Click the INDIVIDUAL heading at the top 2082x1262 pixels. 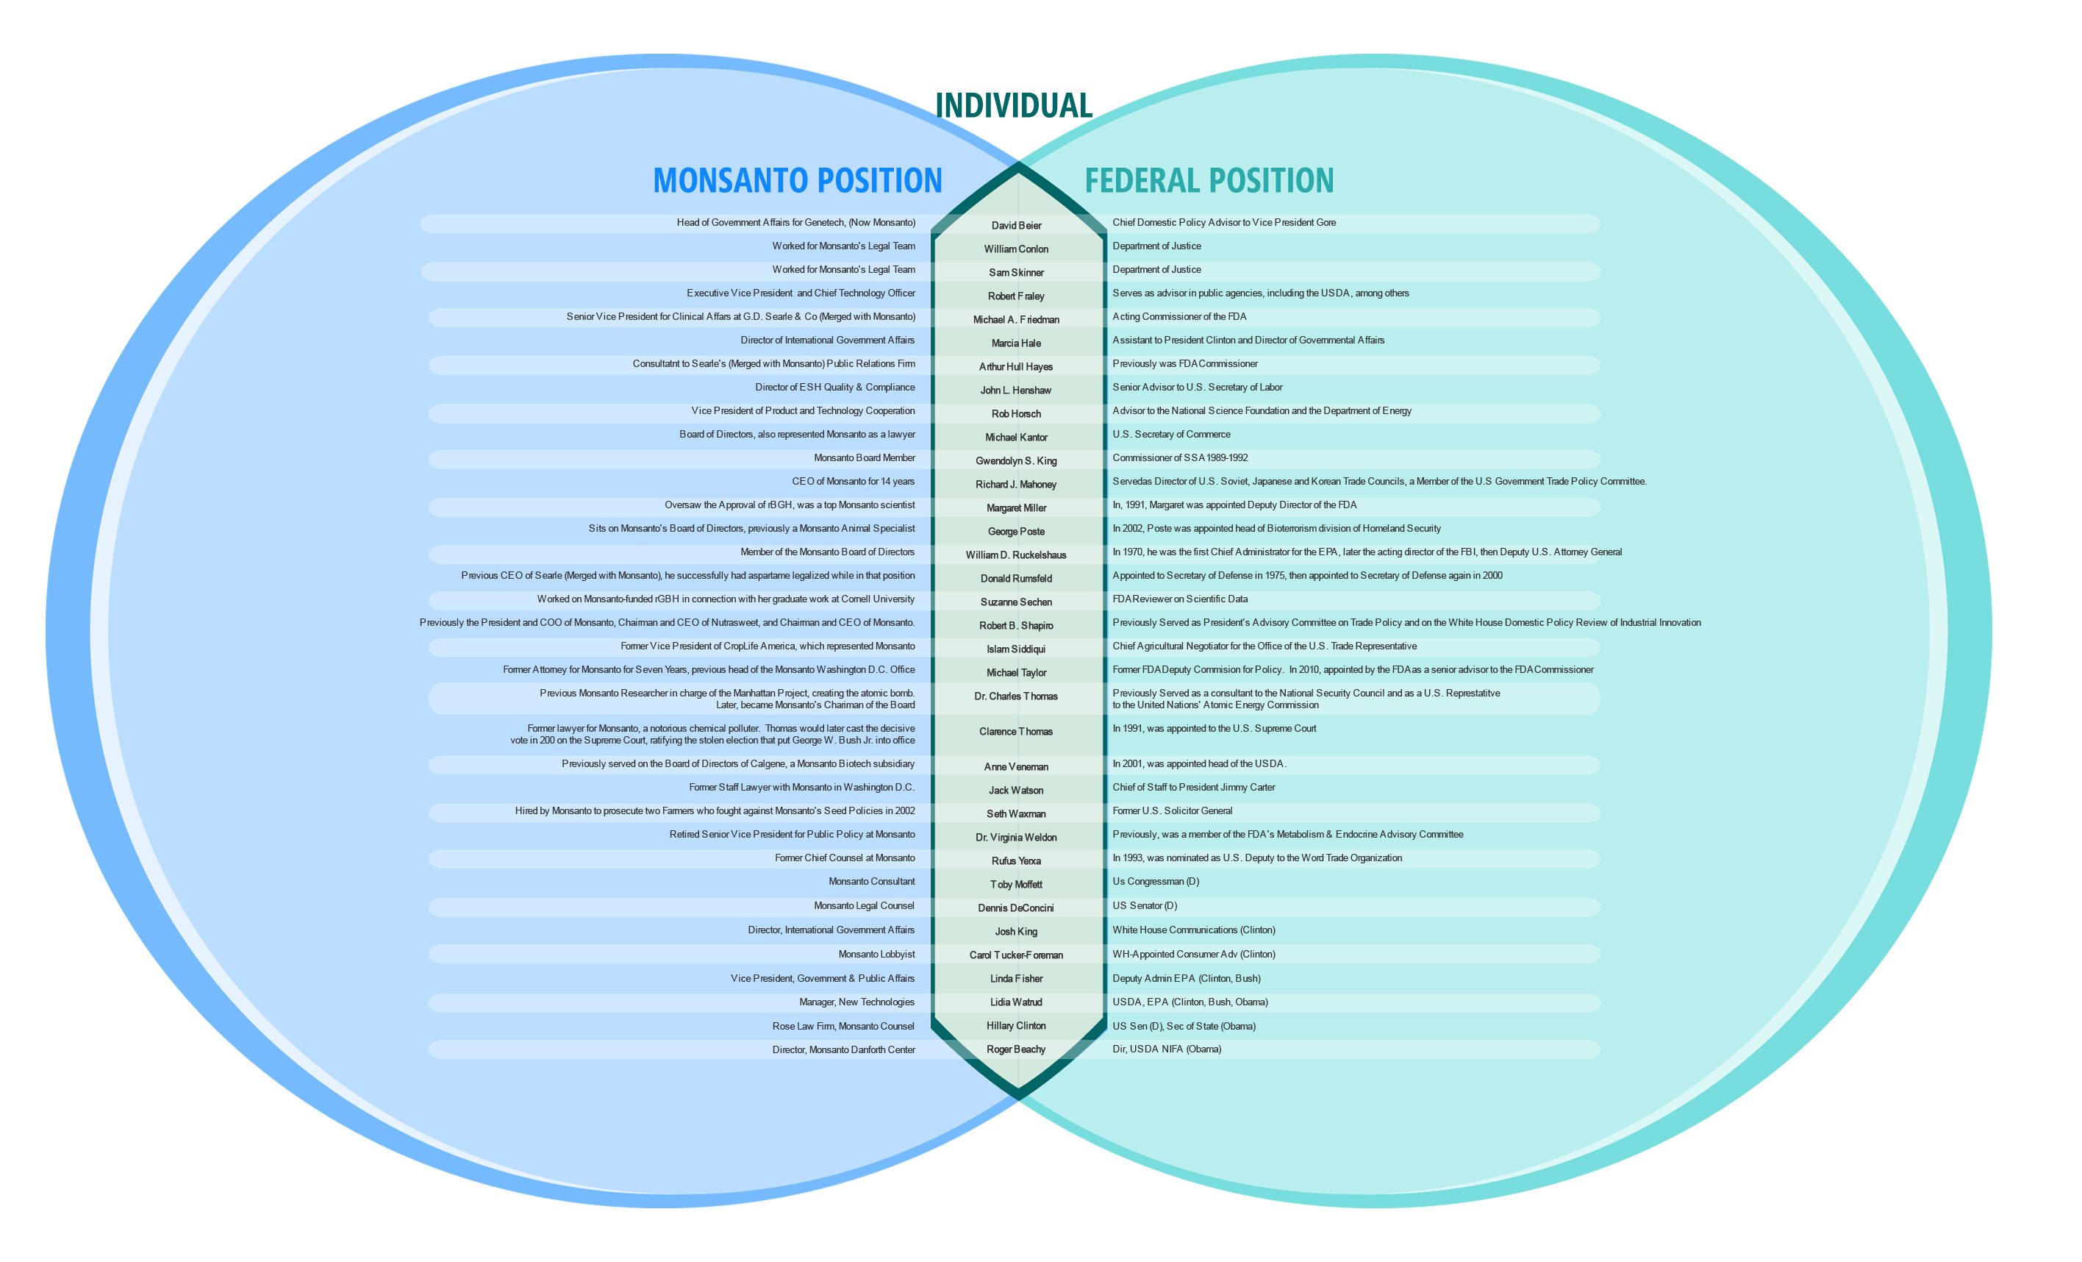pos(1013,106)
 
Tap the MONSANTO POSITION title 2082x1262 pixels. pos(797,181)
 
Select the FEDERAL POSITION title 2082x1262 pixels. pos(1209,181)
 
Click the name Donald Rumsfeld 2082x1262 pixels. pos(1016,579)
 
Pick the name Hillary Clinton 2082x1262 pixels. pos(1016,1026)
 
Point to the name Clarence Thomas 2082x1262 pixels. pos(1016,732)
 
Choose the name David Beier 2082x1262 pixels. pos(1016,226)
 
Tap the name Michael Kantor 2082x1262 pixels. pos(1016,438)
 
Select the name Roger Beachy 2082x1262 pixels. pos(1016,1050)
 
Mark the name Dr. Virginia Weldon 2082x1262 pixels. pos(1016,838)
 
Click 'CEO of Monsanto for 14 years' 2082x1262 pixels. pos(853,482)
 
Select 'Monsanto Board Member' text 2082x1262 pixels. pos(864,458)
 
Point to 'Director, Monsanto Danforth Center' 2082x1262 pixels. pos(843,1050)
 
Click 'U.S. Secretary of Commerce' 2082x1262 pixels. pos(1170,435)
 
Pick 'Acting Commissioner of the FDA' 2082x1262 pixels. pos(1178,317)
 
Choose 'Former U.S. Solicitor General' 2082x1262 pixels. pos(1172,811)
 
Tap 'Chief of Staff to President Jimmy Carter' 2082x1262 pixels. pos(1193,788)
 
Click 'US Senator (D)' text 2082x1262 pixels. pos(1144,906)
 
